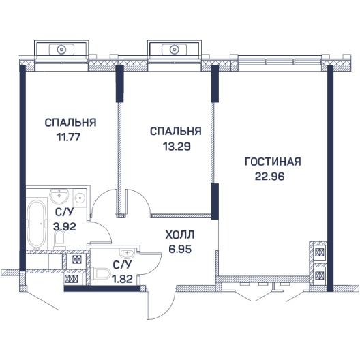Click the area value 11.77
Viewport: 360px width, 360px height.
point(68,137)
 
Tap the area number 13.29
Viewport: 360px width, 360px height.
point(177,146)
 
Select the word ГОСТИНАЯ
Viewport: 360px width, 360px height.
point(273,162)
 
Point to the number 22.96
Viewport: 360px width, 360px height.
point(270,177)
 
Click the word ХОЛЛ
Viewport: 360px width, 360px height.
point(180,235)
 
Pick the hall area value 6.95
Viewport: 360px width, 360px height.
point(180,249)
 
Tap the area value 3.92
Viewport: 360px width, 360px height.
point(65,227)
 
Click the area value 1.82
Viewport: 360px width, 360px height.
point(122,279)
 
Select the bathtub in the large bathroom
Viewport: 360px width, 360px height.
point(37,224)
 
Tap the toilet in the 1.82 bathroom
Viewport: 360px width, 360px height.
point(100,273)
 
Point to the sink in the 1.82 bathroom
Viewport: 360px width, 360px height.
point(127,254)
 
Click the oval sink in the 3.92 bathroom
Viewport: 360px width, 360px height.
point(59,196)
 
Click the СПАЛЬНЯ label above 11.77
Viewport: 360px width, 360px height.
point(70,123)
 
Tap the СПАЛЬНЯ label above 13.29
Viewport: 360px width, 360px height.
point(176,132)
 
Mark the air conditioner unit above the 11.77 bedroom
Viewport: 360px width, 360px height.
point(61,49)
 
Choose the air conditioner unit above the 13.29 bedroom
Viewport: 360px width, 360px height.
point(175,49)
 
